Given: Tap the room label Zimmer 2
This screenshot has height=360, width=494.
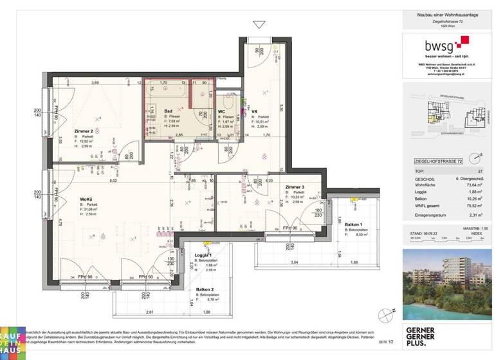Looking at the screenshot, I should point(84,131).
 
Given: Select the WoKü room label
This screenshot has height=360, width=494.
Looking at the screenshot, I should point(89,199).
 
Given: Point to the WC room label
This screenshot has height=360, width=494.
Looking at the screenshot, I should point(221,111).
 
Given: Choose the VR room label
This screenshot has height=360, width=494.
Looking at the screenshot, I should point(255,111).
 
